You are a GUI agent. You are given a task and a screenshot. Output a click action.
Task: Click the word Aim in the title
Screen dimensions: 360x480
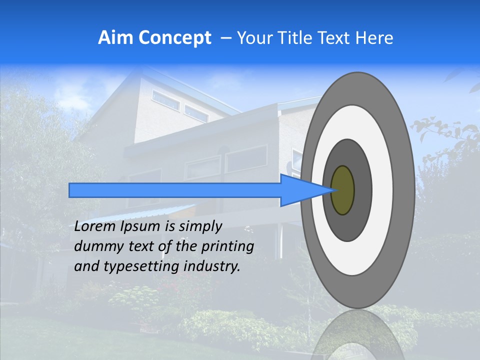115,38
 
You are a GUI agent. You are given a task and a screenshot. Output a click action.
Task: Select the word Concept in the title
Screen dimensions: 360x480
174,38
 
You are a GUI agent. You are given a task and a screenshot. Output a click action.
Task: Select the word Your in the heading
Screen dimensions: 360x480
253,38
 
